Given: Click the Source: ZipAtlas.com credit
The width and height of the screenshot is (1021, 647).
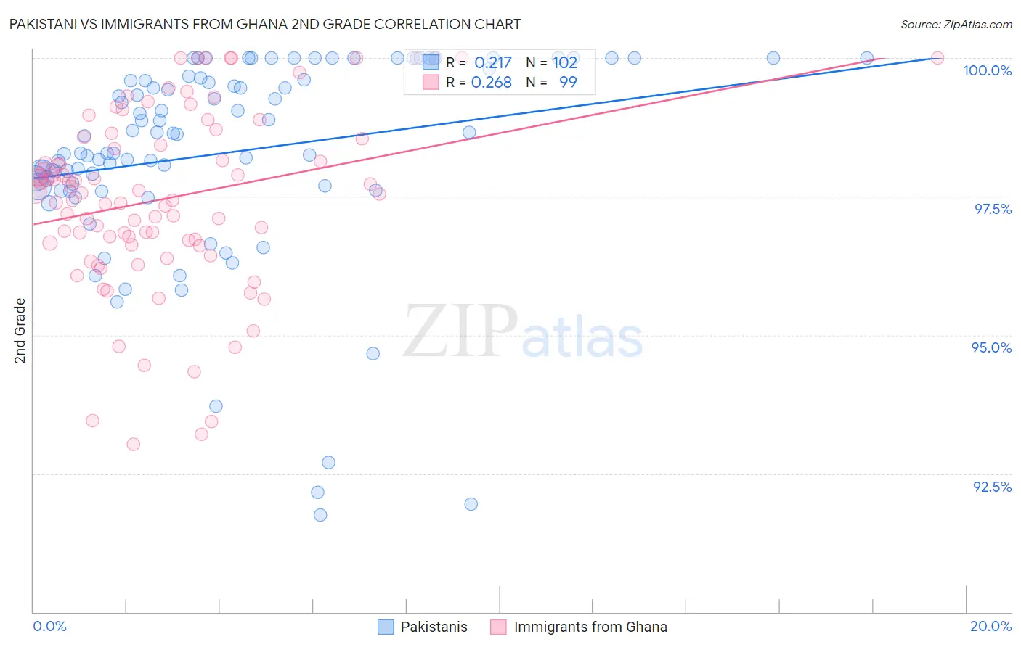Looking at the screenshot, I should click(x=956, y=24).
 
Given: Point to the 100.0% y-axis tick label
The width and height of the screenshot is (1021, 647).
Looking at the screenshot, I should click(x=987, y=70).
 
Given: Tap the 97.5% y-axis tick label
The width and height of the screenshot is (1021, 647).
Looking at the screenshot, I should click(x=993, y=209).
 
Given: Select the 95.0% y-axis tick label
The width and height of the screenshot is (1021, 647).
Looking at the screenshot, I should click(x=991, y=347).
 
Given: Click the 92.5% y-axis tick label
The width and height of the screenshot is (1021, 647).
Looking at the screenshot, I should click(x=992, y=487).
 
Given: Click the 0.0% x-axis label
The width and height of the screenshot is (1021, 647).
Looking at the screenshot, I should click(x=49, y=626).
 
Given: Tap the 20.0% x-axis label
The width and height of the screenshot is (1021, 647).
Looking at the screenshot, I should click(x=991, y=626).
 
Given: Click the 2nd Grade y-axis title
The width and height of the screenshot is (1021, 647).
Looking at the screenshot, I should click(x=20, y=330).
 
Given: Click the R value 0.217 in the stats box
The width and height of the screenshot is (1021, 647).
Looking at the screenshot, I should click(x=493, y=63).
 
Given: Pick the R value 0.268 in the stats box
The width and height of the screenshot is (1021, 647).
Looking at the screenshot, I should click(x=492, y=83).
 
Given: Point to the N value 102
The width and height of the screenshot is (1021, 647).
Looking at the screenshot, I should click(x=565, y=63).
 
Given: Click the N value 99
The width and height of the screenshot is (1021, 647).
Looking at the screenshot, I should click(x=568, y=83).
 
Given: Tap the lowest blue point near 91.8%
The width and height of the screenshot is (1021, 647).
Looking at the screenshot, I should click(x=320, y=515).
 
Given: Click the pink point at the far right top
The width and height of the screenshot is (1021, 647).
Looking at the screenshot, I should click(x=937, y=58).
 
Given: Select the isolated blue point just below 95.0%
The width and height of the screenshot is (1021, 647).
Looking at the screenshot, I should click(x=373, y=353).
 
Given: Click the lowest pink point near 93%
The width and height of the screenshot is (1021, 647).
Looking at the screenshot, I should click(x=134, y=444).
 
